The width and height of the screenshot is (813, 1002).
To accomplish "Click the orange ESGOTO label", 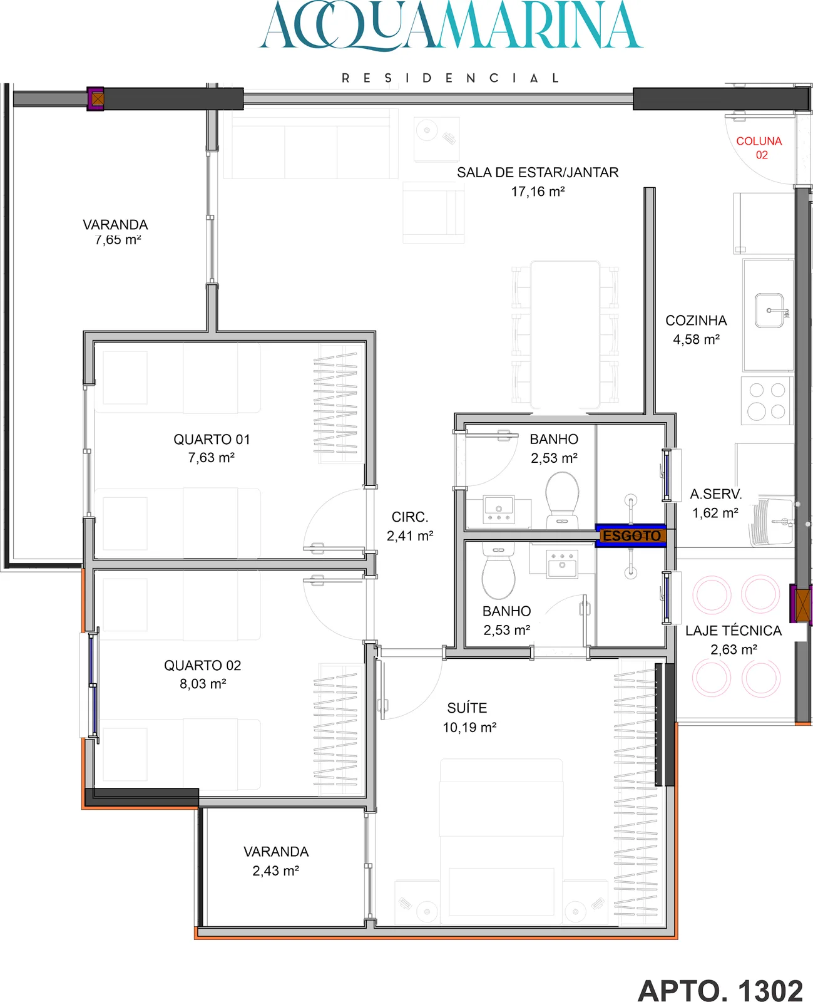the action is pos(631,535).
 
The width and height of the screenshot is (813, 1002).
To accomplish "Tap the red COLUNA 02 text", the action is pos(759,148).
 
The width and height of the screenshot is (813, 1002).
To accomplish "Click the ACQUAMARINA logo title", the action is pos(451,26).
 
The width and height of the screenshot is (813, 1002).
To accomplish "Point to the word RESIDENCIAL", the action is pos(450,78).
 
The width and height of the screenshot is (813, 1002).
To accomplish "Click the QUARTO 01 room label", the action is pos(212,440).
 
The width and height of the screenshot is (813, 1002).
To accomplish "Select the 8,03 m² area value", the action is pos(203,683).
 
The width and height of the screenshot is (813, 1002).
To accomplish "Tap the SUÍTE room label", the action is pos(467,708).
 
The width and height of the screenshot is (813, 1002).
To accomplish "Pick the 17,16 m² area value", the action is pos(538,192).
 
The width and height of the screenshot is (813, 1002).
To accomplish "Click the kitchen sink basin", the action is pos(769,311).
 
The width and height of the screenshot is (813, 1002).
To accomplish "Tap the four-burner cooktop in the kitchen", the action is pos(767,400).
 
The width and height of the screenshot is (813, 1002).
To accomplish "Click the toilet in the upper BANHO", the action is pos(562,500).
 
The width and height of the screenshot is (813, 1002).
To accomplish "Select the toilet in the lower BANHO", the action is pos(498,569).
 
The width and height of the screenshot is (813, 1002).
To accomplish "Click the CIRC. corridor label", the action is pos(409,517).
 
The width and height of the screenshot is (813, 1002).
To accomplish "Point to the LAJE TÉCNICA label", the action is pos(733,631).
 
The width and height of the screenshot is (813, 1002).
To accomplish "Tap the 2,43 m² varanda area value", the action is pos(276,870).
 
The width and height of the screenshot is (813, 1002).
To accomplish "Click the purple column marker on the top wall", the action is pos(96,99).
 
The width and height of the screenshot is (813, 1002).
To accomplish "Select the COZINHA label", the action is pos(696,321).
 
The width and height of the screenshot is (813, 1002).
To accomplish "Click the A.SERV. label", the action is pos(715,494).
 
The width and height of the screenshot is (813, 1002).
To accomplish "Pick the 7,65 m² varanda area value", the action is pos(118,240).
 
